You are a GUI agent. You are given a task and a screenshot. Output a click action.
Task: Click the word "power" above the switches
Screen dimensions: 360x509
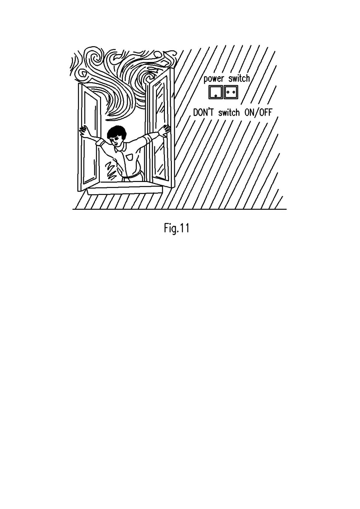(214, 79)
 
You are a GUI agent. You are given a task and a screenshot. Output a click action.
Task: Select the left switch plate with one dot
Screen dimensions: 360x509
(215, 92)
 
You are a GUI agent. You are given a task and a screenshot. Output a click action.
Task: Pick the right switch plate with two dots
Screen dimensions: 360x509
(231, 92)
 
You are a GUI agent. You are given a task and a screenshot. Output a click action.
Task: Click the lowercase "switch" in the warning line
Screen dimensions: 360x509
(229, 113)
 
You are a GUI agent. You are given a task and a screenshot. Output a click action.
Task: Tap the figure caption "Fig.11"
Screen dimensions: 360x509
(177, 228)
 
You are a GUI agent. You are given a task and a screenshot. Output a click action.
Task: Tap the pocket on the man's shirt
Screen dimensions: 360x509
(130, 157)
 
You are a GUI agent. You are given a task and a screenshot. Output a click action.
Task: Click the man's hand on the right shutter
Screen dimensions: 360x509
(166, 130)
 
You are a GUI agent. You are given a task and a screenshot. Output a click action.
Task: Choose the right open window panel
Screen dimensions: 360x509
(160, 127)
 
